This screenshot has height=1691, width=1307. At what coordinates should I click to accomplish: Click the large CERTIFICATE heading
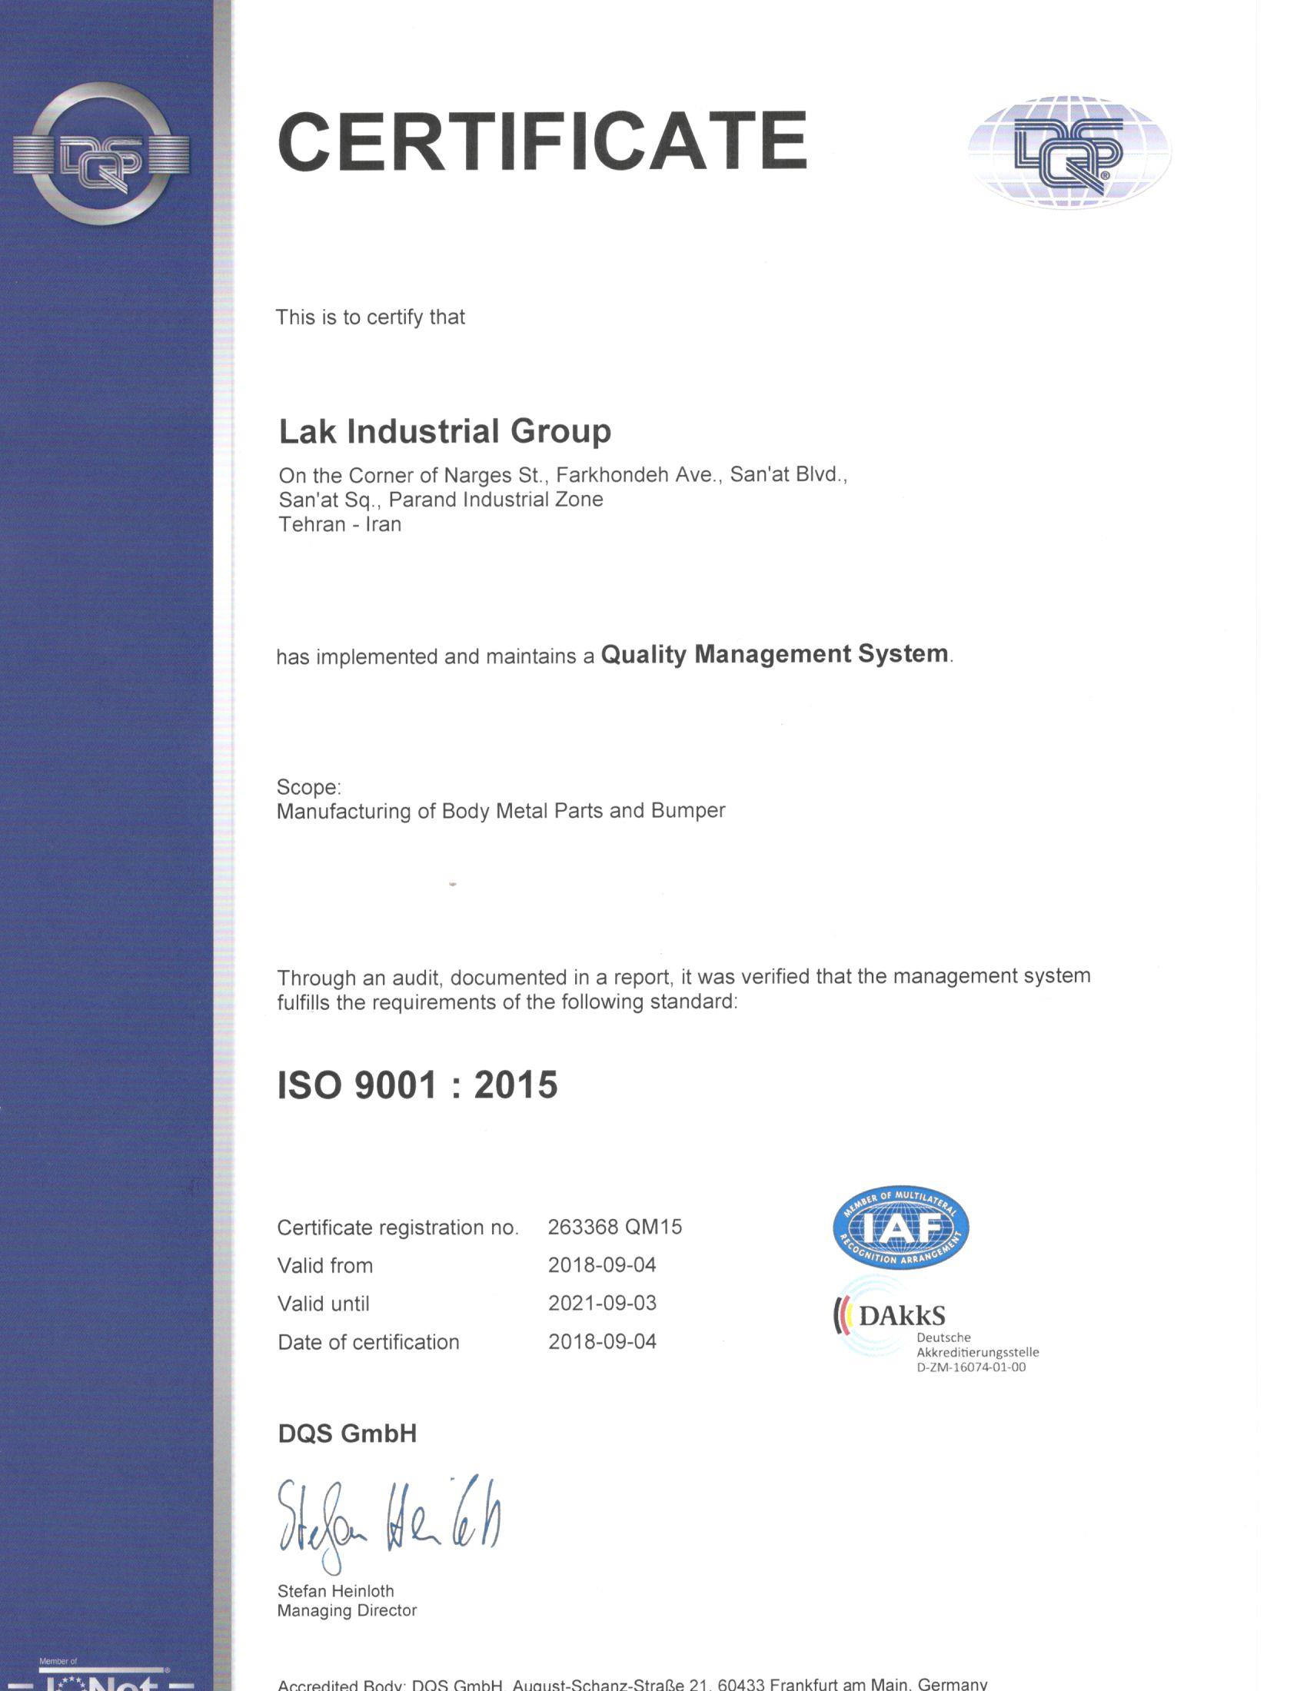542,141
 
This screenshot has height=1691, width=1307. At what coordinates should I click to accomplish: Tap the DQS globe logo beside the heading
1069,151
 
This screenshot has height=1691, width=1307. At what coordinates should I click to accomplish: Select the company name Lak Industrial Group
444,431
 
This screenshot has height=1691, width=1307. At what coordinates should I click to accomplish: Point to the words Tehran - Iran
340,524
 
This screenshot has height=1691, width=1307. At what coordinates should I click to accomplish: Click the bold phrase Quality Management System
774,654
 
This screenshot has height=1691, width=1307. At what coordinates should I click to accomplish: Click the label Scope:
308,786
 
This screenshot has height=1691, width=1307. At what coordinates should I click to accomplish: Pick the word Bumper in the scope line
687,811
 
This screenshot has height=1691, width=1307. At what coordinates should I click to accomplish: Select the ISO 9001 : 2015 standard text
417,1085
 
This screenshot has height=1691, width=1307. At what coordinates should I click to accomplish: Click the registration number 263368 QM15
615,1228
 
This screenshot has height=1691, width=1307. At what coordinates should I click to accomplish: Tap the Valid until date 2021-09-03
603,1303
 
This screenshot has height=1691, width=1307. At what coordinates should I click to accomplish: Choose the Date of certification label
367,1342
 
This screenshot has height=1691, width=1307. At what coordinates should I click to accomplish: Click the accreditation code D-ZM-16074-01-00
971,1367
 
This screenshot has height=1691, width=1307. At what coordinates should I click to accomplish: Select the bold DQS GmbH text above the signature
347,1434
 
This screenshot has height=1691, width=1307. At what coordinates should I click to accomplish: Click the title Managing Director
347,1610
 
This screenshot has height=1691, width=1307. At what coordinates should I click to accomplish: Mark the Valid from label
325,1265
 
